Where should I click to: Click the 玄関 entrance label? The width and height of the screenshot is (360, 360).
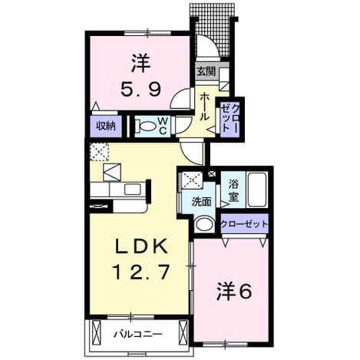[x=206, y=72]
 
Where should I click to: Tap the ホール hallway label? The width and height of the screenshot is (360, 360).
[x=205, y=107]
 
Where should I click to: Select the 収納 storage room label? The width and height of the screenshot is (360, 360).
[x=106, y=126]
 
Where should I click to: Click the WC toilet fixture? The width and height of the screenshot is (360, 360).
[x=147, y=127]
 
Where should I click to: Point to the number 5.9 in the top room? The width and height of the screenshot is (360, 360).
[x=141, y=90]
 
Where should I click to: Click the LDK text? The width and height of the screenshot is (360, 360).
[x=141, y=246]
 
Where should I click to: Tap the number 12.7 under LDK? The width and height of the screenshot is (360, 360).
[x=141, y=272]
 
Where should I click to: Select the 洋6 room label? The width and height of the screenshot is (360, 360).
[x=234, y=292]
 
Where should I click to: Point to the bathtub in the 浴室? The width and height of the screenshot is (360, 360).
[x=258, y=190]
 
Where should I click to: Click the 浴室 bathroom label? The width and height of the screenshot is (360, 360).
[x=233, y=190]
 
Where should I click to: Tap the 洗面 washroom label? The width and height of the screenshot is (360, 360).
[x=202, y=202]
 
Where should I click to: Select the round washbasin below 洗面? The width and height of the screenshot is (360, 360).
[x=204, y=224]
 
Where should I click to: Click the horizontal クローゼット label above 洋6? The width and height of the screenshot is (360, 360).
[x=244, y=224]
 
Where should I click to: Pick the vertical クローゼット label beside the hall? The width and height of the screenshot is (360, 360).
[x=230, y=117]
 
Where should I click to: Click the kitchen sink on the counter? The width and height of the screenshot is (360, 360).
[x=133, y=189]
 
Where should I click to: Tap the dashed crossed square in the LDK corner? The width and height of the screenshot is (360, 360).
[x=99, y=152]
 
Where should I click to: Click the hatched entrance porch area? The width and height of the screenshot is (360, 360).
[x=213, y=28]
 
